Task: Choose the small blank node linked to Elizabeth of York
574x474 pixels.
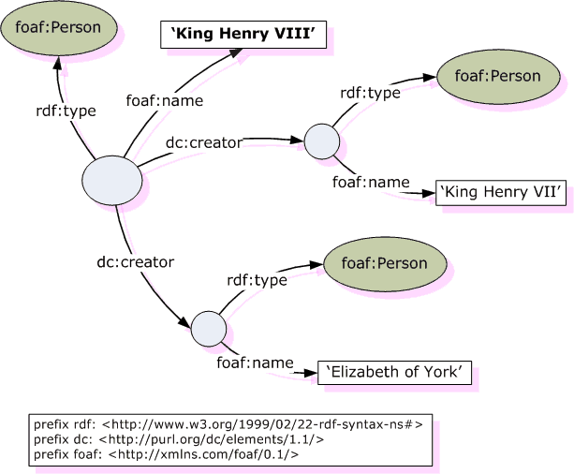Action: pyautogui.click(x=208, y=328)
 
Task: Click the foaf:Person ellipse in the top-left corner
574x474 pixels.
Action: pyautogui.click(x=59, y=28)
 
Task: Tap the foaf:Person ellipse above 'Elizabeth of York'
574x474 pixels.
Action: pyautogui.click(x=382, y=263)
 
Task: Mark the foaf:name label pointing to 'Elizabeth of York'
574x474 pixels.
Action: pyautogui.click(x=255, y=362)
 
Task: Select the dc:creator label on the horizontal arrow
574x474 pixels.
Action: pyautogui.click(x=204, y=142)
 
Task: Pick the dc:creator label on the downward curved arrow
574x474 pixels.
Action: pyautogui.click(x=136, y=262)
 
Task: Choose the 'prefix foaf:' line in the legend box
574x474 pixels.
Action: pyautogui.click(x=166, y=453)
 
